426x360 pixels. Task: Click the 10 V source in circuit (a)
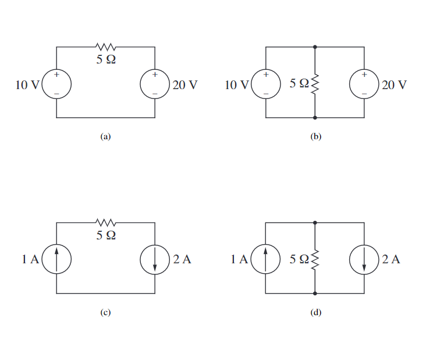56,84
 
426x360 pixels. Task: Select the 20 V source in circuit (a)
155,84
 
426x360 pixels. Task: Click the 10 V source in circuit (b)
265,84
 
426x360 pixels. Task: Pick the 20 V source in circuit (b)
364,84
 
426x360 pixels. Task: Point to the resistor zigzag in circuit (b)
315,84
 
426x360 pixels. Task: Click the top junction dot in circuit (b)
315,47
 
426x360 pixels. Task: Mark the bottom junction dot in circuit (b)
315,118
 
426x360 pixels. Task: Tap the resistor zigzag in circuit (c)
106,222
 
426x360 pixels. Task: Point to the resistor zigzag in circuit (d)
315,259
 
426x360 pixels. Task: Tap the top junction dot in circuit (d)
315,222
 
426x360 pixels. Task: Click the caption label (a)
105,137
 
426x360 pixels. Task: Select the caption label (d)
315,313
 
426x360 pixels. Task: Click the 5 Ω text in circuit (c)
106,235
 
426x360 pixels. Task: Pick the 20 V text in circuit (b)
394,85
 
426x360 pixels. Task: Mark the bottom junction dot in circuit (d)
315,293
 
